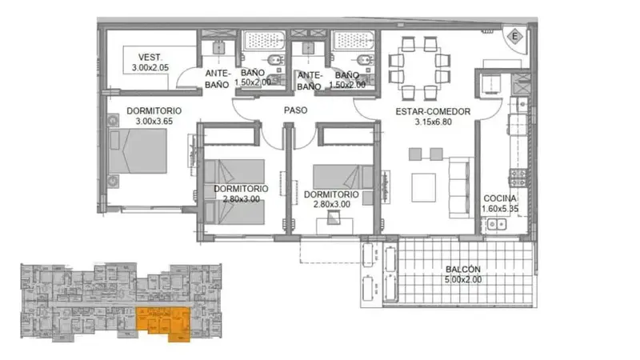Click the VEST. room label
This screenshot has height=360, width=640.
coord(150,58)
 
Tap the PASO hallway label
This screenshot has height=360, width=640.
coord(295,110)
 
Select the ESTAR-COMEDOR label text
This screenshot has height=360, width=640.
coord(433,111)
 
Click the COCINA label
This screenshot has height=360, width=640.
coord(500,198)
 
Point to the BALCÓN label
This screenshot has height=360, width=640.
coord(463,269)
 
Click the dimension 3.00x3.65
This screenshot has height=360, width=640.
coord(154,122)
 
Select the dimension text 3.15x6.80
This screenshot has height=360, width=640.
coord(433,122)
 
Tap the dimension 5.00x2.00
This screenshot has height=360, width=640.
coord(463,279)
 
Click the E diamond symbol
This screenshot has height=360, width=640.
coord(514,36)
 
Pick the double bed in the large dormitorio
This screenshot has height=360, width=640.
coord(138,151)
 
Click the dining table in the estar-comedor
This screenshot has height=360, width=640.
coord(419,68)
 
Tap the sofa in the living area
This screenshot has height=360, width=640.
coord(459,188)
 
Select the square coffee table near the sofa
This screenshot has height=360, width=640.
coord(423,188)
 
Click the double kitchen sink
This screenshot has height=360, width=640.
coord(497,224)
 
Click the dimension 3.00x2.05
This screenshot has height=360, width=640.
coord(150,68)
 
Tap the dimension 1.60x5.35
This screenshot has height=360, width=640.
coord(500,209)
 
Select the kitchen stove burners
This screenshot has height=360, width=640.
coord(518,178)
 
